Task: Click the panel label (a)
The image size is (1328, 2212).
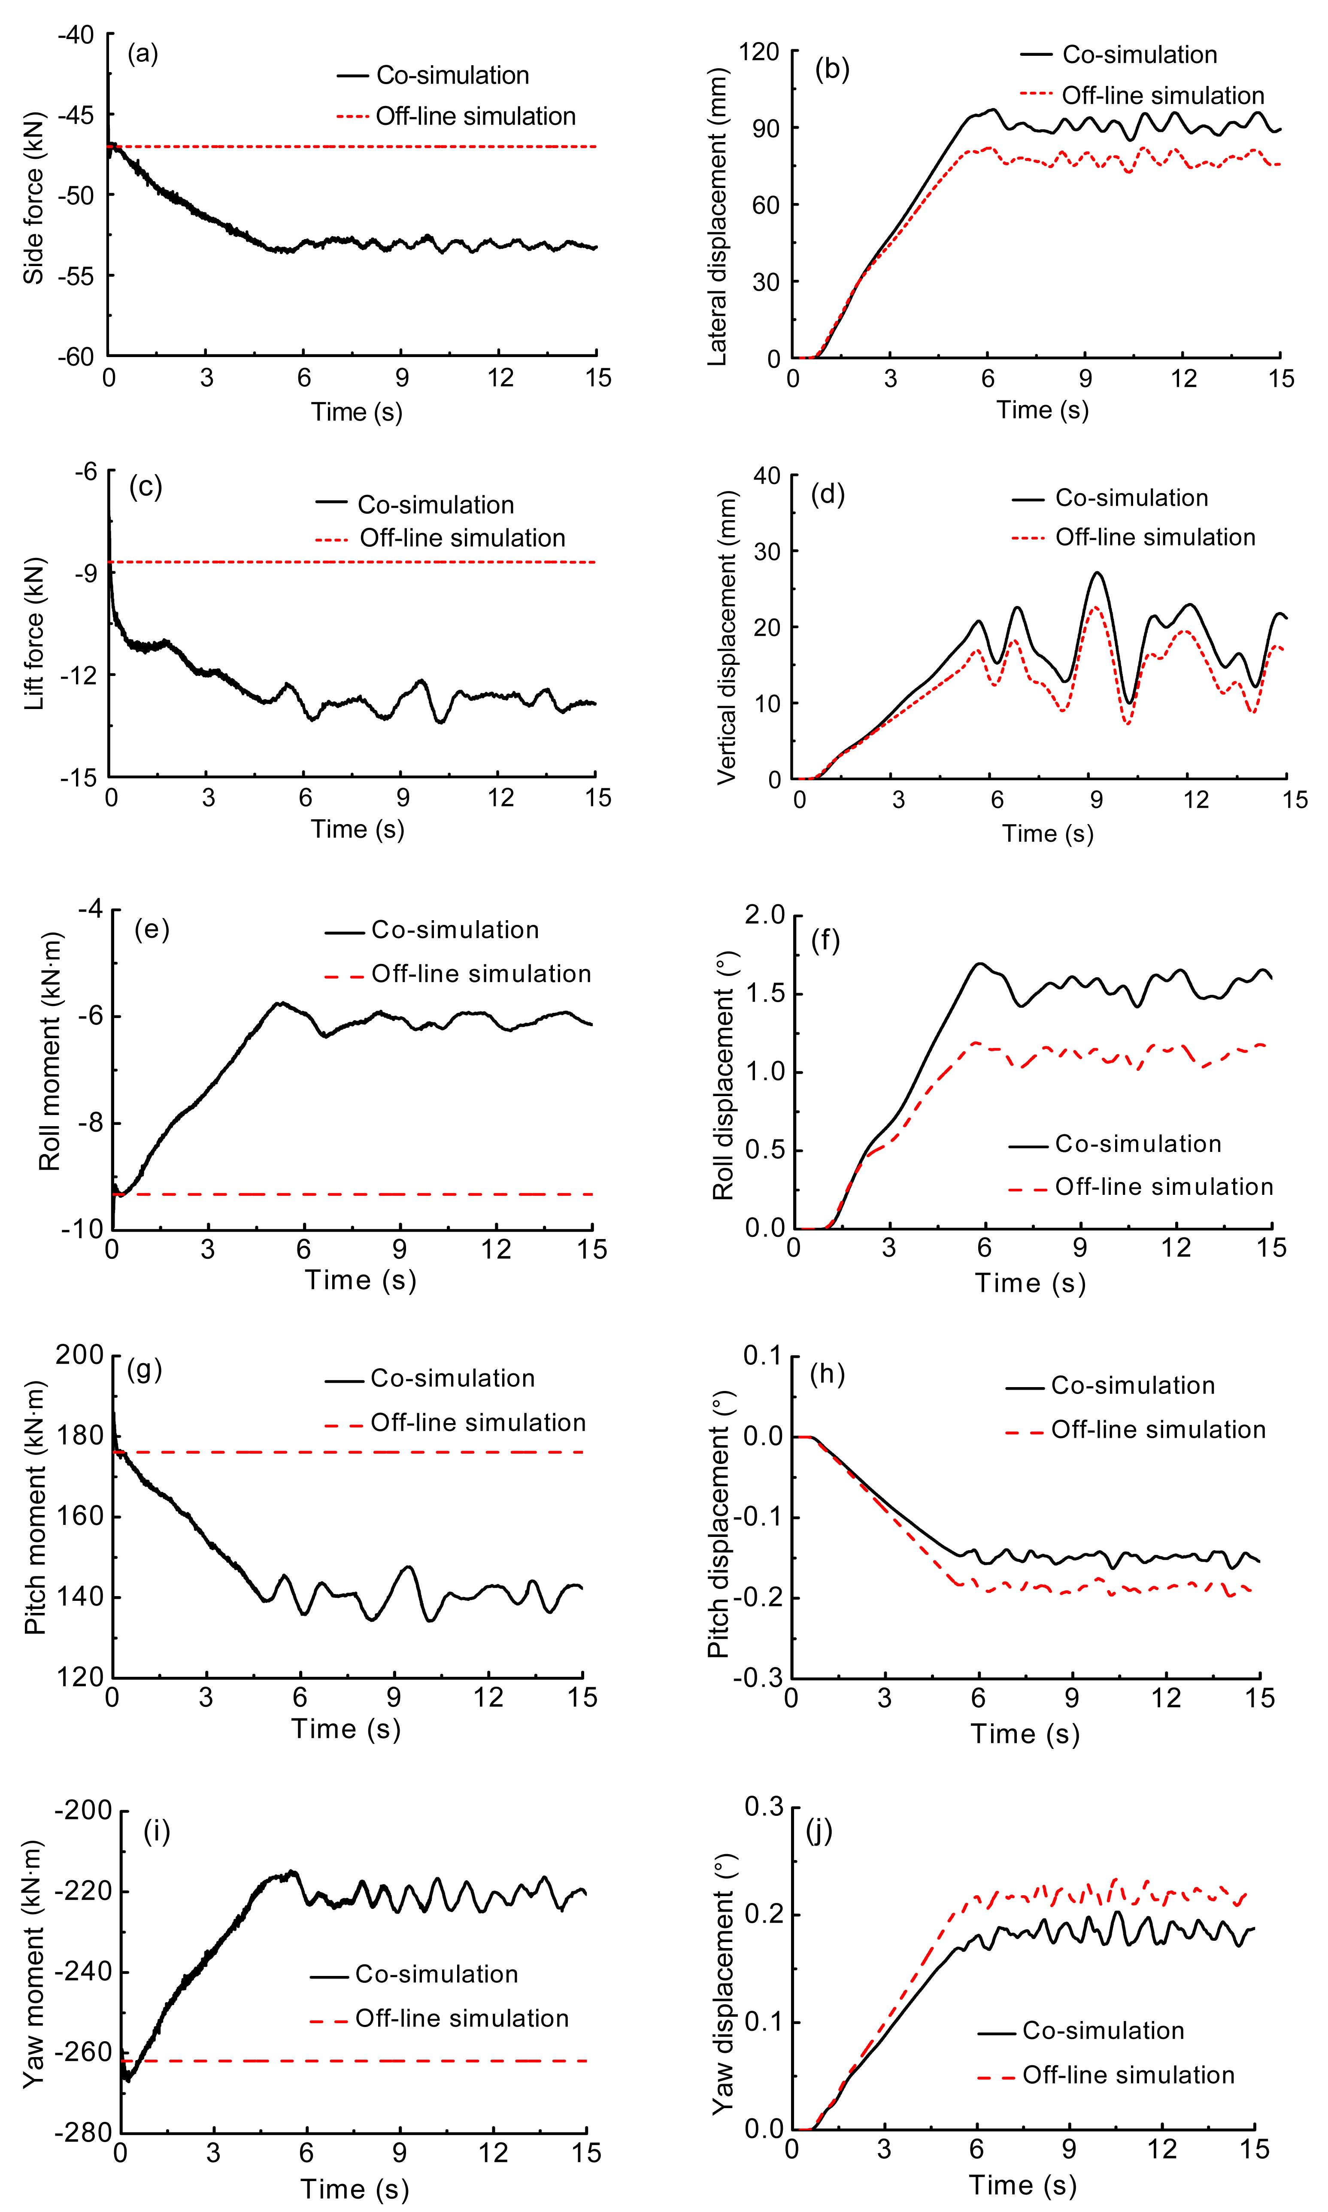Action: point(143,55)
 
